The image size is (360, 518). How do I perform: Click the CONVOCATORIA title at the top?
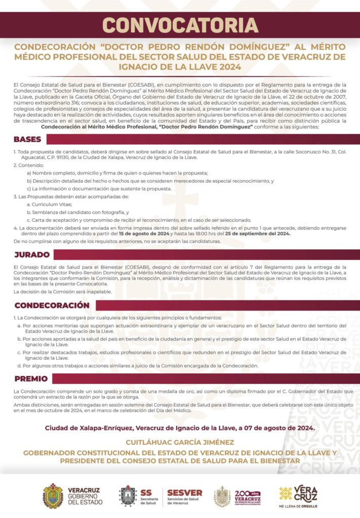tap(180, 24)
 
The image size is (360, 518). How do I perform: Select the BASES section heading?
tap(28, 139)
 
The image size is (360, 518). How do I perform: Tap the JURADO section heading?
tap(31, 254)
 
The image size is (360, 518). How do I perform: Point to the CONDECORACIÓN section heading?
tap(52, 306)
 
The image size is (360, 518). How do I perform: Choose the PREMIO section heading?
tap(31, 378)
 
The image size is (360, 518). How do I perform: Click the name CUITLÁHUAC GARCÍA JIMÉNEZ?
tap(180, 442)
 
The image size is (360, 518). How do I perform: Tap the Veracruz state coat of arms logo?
tap(53, 496)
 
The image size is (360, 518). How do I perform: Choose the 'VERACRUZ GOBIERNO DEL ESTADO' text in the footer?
tap(85, 496)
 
